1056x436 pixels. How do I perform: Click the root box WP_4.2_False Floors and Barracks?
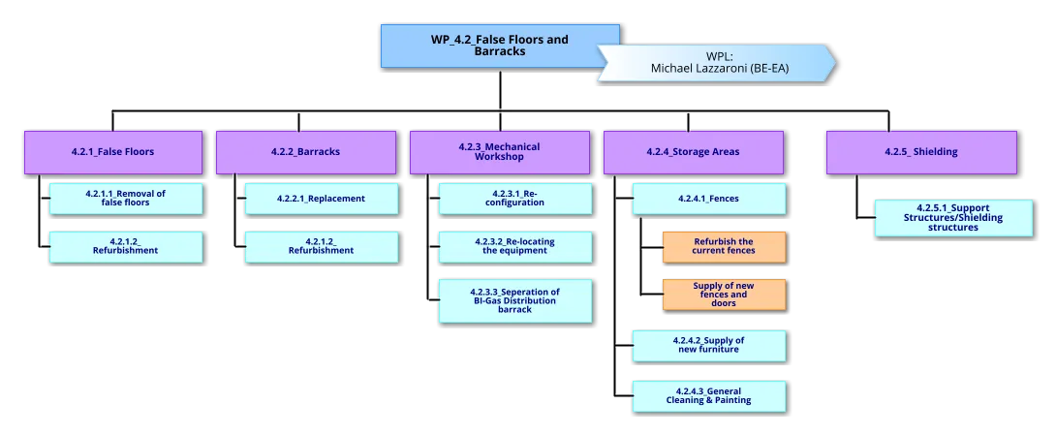pos(484,46)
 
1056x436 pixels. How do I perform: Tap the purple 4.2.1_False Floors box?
pos(113,152)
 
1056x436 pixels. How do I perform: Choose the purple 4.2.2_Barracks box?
pos(306,152)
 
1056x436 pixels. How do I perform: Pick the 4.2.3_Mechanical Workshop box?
pos(500,152)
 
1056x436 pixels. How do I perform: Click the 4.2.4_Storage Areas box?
pos(694,152)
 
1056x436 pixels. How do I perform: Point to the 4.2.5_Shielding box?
pos(921,152)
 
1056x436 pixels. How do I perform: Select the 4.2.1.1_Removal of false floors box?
pos(126,199)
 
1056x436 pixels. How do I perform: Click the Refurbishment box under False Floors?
pos(126,246)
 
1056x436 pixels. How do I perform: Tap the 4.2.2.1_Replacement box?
pos(321,199)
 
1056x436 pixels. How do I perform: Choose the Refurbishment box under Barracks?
pos(321,246)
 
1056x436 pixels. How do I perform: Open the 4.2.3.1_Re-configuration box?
pos(514,199)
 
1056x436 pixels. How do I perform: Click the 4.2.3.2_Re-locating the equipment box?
pos(514,246)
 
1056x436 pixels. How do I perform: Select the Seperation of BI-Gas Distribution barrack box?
pos(514,300)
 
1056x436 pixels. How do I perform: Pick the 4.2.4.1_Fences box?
pos(708,199)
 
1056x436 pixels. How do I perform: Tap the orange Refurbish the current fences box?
pos(724,246)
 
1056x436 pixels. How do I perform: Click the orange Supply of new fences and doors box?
pos(724,295)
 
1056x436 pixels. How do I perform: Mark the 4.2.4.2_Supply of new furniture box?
pos(708,345)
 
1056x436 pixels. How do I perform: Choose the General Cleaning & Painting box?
pos(708,395)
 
